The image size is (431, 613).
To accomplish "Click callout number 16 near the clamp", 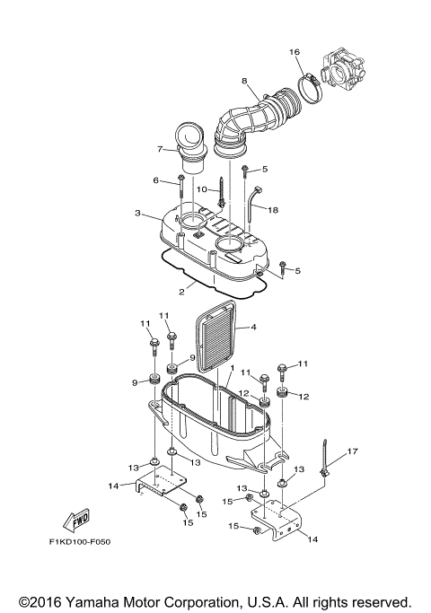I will pos(294,53).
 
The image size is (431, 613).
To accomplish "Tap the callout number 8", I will pos(243,82).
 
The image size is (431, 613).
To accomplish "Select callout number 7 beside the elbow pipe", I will pos(160,149).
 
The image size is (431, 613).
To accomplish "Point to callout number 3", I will pos(136,214).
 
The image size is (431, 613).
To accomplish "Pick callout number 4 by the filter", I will pos(253,328).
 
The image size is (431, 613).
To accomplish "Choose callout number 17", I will pos(353,451).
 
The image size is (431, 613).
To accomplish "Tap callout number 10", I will pos(202,189).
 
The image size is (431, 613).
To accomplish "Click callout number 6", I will pos(155,180).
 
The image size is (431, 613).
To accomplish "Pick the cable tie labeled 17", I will pos(328,460).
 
